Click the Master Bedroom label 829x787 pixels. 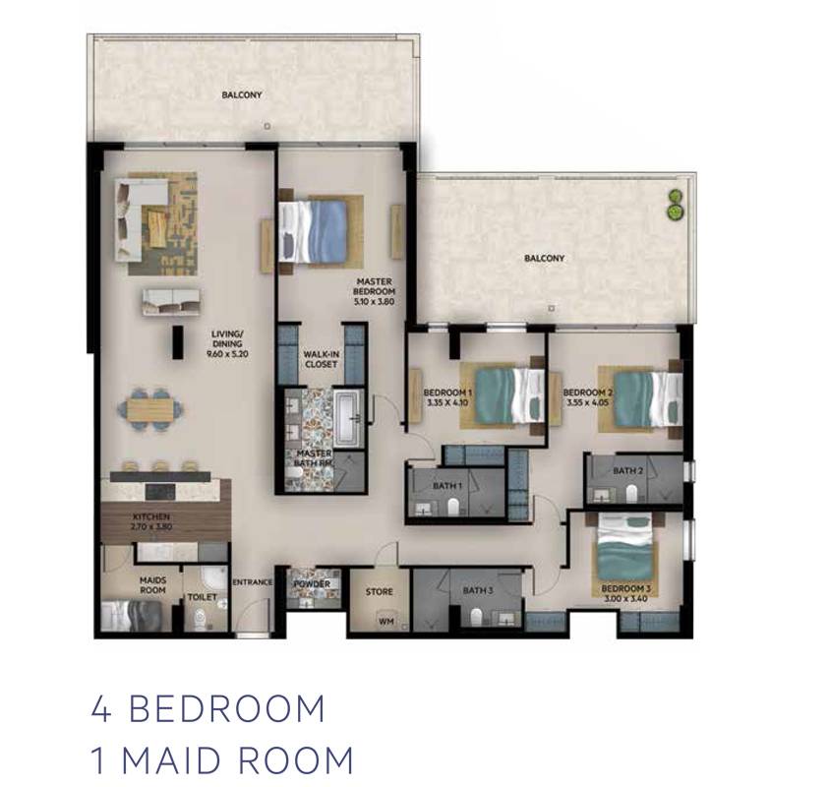click(375, 286)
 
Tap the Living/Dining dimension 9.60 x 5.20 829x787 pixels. click(227, 354)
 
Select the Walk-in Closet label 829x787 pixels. click(321, 359)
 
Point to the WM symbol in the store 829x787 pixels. click(386, 622)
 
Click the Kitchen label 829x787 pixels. click(151, 516)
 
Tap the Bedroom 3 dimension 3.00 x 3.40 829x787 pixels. click(626, 599)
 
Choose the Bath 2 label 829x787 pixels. click(628, 470)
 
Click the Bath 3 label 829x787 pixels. click(478, 590)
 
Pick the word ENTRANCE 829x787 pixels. click(253, 581)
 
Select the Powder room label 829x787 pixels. click(312, 584)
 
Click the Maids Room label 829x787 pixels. click(152, 585)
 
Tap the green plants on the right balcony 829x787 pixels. click(674, 205)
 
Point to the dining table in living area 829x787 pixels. click(150, 408)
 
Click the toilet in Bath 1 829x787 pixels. click(452, 508)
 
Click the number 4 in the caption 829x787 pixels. click(101, 708)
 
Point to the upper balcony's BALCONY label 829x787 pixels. click(242, 95)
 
